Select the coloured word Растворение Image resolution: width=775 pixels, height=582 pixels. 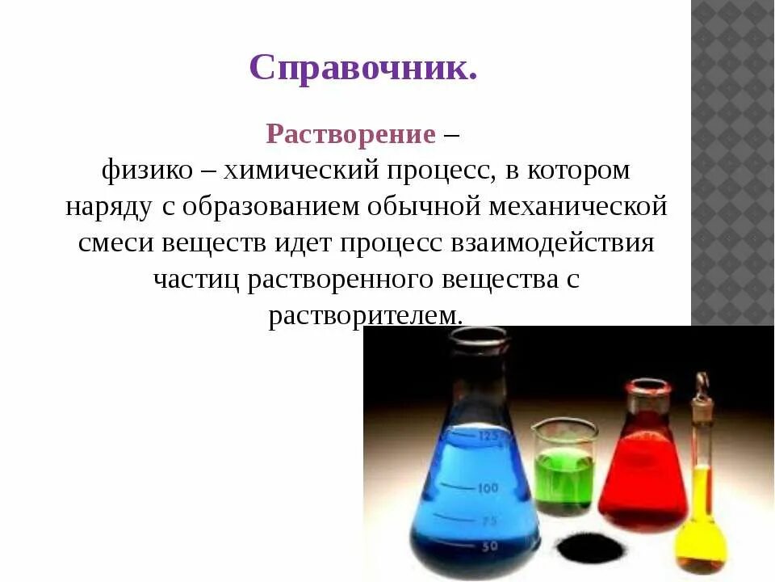(x=350, y=133)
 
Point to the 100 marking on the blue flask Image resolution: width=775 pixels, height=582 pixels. (x=487, y=488)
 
